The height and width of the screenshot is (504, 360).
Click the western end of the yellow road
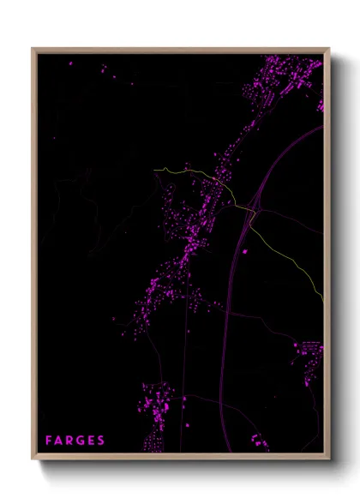click(155, 170)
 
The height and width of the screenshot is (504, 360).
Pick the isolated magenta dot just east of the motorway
click(246, 251)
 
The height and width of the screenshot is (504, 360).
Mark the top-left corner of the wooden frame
click(33, 49)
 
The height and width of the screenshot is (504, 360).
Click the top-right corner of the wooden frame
click(328, 49)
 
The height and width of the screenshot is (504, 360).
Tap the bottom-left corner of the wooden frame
click(33, 459)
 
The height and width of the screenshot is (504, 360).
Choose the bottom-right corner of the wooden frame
click(328, 459)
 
